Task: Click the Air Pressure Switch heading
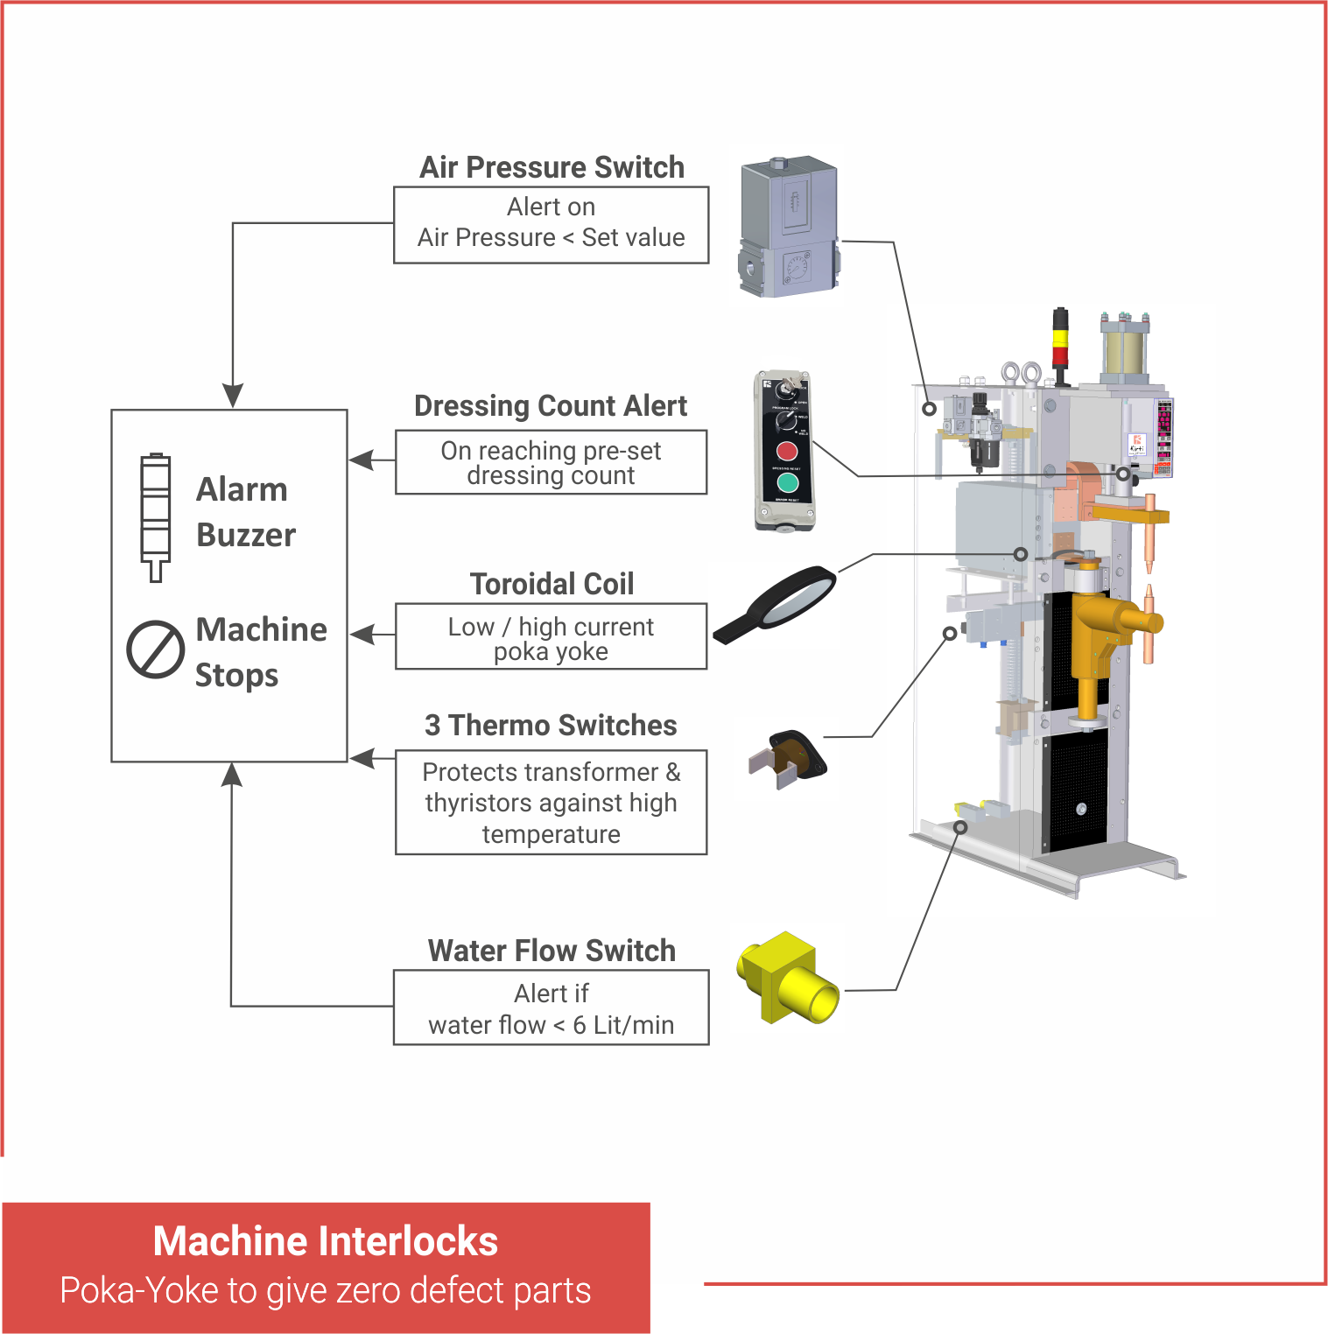point(552,167)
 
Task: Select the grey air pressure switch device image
point(789,228)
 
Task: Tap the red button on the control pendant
point(786,452)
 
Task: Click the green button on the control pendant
point(787,482)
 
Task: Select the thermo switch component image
point(788,759)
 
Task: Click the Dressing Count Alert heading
point(551,406)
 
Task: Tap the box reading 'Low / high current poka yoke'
point(551,637)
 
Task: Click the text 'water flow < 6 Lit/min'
point(551,1025)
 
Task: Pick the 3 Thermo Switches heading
point(551,726)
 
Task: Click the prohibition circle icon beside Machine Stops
point(155,649)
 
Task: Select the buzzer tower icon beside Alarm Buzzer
point(156,516)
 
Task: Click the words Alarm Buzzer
point(244,512)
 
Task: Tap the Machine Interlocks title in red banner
point(325,1241)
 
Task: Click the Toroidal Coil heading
point(552,584)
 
